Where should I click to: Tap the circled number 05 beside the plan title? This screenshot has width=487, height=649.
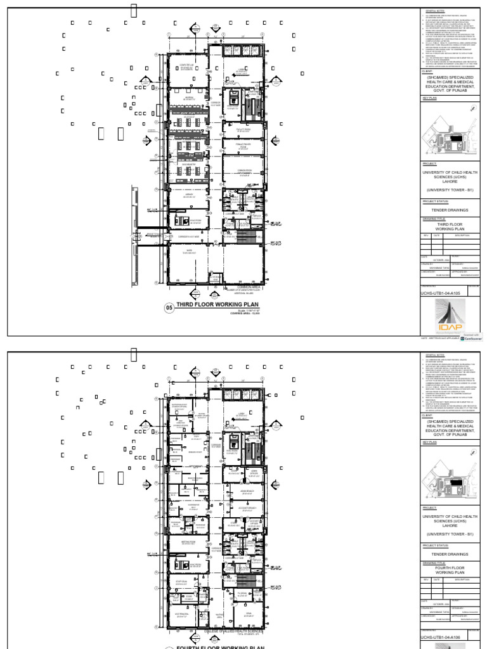click(x=169, y=308)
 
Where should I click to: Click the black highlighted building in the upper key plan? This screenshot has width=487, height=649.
click(x=455, y=138)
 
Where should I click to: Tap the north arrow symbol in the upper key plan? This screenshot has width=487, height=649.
click(x=472, y=109)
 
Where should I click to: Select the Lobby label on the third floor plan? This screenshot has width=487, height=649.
click(x=241, y=69)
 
